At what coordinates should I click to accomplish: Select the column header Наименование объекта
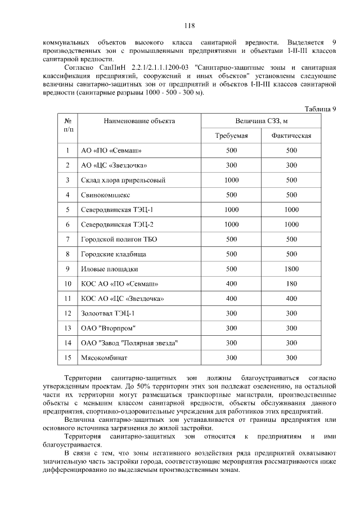(139, 121)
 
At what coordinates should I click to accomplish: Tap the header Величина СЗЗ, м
(262, 121)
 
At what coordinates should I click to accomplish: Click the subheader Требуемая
(231, 136)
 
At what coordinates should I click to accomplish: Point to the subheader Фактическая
(291, 136)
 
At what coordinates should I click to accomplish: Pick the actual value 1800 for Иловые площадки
(291, 269)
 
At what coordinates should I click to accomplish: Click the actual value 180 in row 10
(291, 284)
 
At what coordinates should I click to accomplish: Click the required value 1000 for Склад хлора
(231, 181)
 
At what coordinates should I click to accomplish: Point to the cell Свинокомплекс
(106, 195)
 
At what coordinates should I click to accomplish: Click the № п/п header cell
(67, 125)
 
